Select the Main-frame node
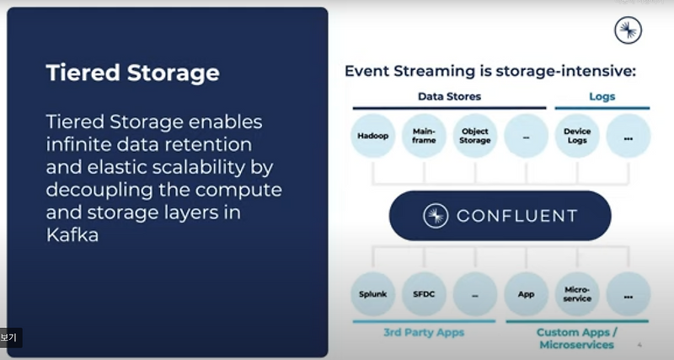pyautogui.click(x=425, y=136)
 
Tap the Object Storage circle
pyautogui.click(x=475, y=136)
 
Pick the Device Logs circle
pyautogui.click(x=577, y=136)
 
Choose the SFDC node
pyautogui.click(x=425, y=295)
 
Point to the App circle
pyautogui.click(x=527, y=295)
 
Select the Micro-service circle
pyautogui.click(x=577, y=295)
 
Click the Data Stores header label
pyautogui.click(x=449, y=96)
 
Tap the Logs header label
pyautogui.click(x=602, y=96)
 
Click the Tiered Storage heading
pyautogui.click(x=132, y=73)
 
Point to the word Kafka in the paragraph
pyautogui.click(x=72, y=236)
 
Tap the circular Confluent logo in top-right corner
pyautogui.click(x=628, y=30)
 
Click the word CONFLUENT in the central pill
pyautogui.click(x=516, y=216)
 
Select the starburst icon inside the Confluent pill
pyautogui.click(x=436, y=216)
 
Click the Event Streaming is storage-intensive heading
pyautogui.click(x=489, y=71)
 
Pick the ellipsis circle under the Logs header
pyautogui.click(x=628, y=136)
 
